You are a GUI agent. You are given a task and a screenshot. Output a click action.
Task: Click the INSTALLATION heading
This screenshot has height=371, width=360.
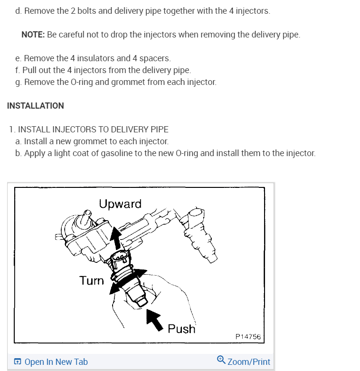(x=36, y=106)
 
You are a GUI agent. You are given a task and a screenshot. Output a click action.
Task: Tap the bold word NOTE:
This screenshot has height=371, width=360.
(x=33, y=35)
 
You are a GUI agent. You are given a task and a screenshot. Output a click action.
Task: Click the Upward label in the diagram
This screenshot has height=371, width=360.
(x=120, y=204)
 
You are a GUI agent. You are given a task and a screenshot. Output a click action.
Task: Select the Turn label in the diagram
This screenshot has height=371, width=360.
(x=92, y=280)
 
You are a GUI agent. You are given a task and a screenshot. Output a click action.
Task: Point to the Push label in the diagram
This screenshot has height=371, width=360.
(x=181, y=328)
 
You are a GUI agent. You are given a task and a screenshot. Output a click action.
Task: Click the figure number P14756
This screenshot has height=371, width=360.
(x=248, y=337)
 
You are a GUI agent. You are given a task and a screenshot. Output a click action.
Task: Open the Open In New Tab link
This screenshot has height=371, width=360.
(x=56, y=362)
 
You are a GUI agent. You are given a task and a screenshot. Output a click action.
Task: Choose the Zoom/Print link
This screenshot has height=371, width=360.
(x=249, y=362)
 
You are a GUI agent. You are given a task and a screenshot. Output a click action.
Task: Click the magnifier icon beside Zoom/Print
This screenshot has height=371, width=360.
(x=221, y=360)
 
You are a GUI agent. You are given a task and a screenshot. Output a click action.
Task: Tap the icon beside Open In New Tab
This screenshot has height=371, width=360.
(x=18, y=362)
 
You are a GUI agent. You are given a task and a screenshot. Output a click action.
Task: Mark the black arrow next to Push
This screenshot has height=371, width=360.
(x=154, y=317)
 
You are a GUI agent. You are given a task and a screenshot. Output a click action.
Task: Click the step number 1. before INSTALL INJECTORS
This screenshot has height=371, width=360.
(x=12, y=130)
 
